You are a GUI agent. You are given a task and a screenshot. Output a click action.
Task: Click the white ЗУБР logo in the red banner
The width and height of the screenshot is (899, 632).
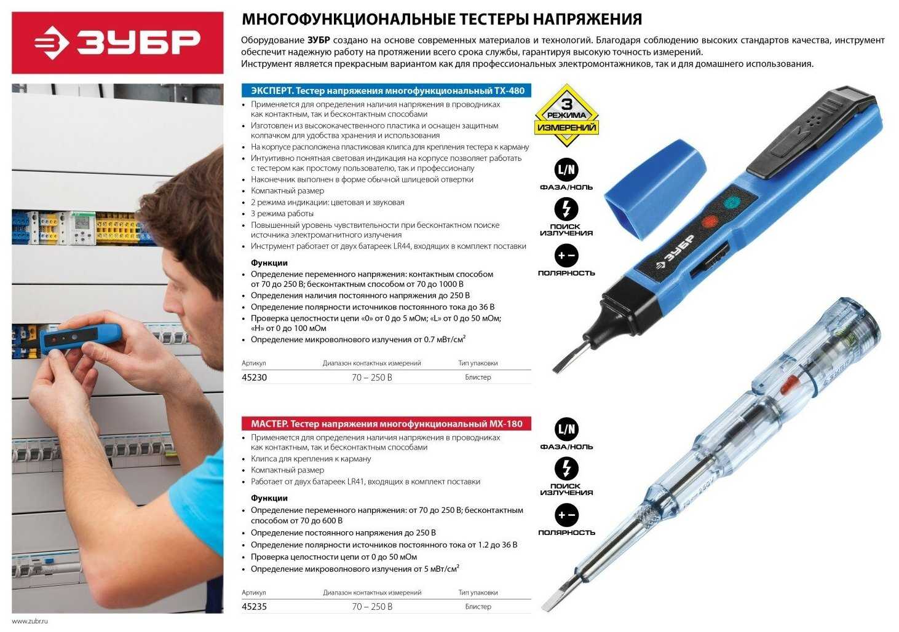click(x=117, y=42)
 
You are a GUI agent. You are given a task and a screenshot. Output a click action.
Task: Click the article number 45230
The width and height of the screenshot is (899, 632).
click(x=254, y=378)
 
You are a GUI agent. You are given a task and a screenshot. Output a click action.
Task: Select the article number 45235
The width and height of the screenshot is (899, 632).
click(x=254, y=607)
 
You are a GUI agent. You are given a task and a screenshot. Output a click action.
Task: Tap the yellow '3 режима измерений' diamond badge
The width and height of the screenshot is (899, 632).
click(x=566, y=115)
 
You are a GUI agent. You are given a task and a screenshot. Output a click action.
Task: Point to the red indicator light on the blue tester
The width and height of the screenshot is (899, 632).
click(x=710, y=222)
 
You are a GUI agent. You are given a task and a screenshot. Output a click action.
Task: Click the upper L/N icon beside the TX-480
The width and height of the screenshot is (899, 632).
click(x=566, y=170)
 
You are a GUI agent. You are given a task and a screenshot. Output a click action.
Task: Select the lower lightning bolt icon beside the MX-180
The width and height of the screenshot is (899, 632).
click(x=566, y=469)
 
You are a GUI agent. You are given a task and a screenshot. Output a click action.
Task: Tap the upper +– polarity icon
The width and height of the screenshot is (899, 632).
click(x=566, y=256)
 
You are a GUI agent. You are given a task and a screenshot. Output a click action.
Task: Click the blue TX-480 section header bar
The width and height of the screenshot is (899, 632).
click(x=386, y=90)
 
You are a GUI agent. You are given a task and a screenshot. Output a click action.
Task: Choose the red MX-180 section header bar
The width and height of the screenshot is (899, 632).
click(x=386, y=424)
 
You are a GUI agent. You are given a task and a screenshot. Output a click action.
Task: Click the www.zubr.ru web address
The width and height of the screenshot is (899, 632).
click(x=30, y=622)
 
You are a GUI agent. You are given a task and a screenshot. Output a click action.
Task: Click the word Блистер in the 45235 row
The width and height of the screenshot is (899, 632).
click(x=478, y=607)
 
